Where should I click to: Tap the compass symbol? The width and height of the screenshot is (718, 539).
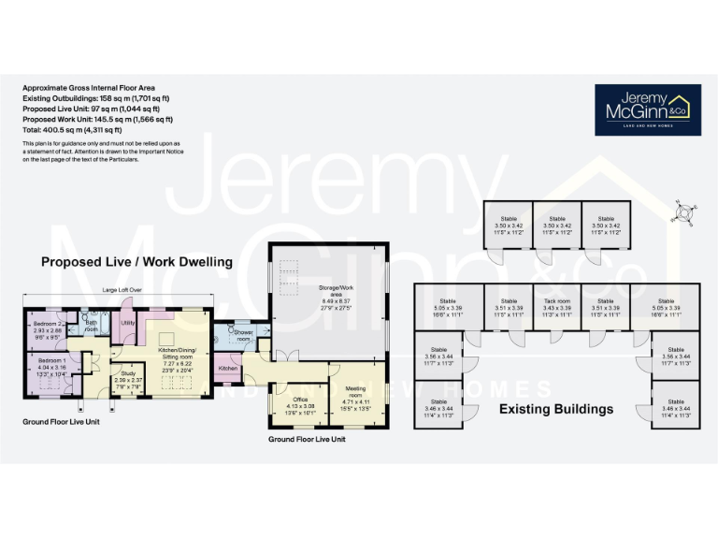click(683, 212)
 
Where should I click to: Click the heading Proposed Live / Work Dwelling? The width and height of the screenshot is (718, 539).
click(136, 263)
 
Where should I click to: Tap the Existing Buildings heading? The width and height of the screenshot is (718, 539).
click(556, 409)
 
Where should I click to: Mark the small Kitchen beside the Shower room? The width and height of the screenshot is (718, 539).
click(227, 370)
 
